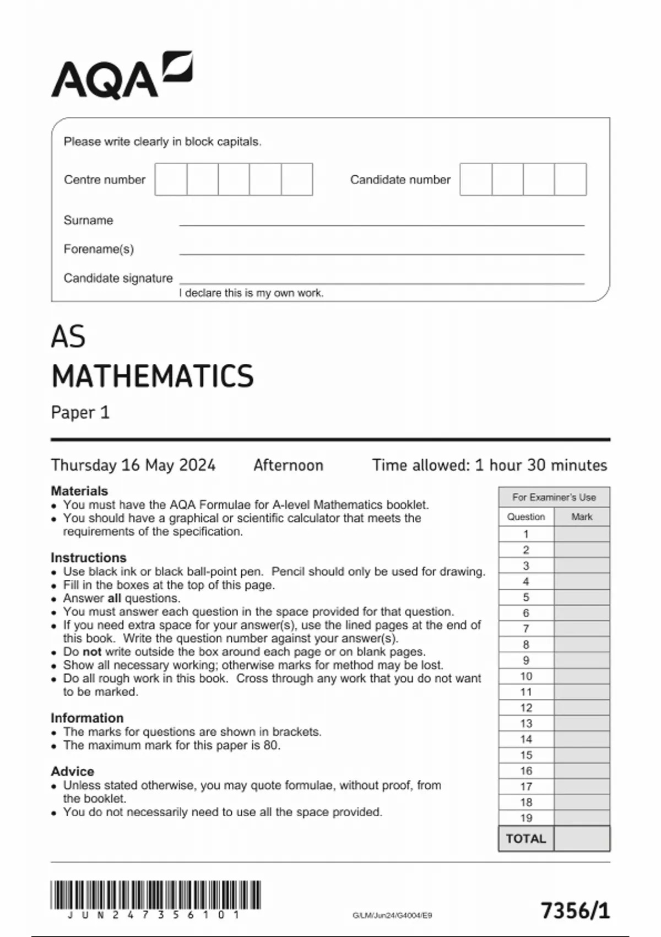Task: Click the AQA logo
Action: [x=122, y=76]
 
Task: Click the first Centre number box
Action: [x=171, y=179]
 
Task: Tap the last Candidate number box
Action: [x=570, y=179]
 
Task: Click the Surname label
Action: [x=88, y=220]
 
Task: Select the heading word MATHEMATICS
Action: [x=153, y=376]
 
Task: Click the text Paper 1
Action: [x=80, y=413]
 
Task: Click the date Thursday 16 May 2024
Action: [x=133, y=465]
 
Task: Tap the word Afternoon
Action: [x=288, y=465]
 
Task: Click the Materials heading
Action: [x=79, y=491]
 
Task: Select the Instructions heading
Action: [x=88, y=557]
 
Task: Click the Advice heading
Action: [x=72, y=771]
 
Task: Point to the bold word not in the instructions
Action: [x=92, y=651]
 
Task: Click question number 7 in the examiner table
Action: [x=526, y=629]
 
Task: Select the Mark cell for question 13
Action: [x=582, y=724]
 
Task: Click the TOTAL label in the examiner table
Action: [x=526, y=839]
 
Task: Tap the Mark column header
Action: [x=582, y=517]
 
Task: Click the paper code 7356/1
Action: [x=575, y=911]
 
